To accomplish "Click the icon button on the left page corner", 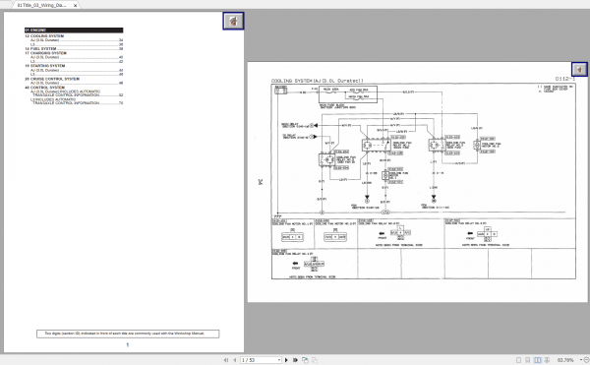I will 234,21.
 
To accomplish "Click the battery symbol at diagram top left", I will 281,89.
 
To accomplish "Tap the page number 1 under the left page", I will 127,344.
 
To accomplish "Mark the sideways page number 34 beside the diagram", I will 261,181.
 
